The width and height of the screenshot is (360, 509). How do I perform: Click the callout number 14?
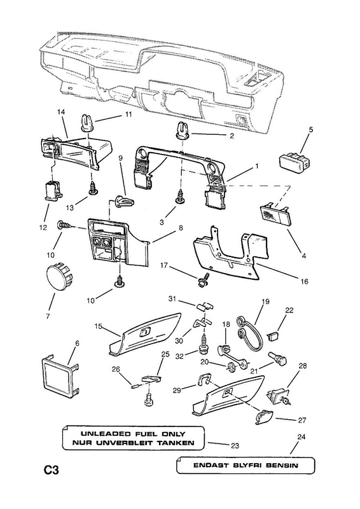[x=61, y=112]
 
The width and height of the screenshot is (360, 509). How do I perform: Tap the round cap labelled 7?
[x=59, y=276]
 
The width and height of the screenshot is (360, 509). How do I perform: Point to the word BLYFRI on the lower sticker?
[x=245, y=465]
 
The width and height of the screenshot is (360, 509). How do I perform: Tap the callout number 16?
[x=304, y=281]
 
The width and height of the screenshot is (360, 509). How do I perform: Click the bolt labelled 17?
[x=204, y=279]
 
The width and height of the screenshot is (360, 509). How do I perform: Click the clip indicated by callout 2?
[x=184, y=130]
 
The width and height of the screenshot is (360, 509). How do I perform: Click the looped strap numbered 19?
[x=250, y=333]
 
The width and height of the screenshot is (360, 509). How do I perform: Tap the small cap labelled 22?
[x=273, y=335]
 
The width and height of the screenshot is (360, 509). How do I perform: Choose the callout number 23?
[x=235, y=446]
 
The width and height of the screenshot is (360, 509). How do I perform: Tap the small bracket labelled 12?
[x=53, y=192]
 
